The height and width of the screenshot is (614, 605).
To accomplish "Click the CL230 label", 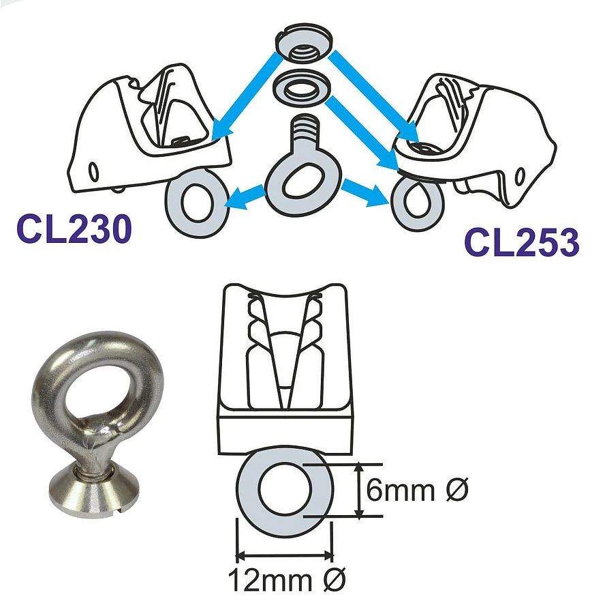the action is (x=74, y=229).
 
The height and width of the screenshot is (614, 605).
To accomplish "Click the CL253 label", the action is (x=522, y=243).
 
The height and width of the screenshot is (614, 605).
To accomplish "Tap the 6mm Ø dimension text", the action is (x=417, y=489).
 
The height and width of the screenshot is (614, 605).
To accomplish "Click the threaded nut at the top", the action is (x=304, y=44).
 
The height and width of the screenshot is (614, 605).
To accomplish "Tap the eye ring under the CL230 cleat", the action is (x=198, y=203).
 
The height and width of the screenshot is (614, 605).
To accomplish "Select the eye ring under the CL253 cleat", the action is (x=417, y=202).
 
